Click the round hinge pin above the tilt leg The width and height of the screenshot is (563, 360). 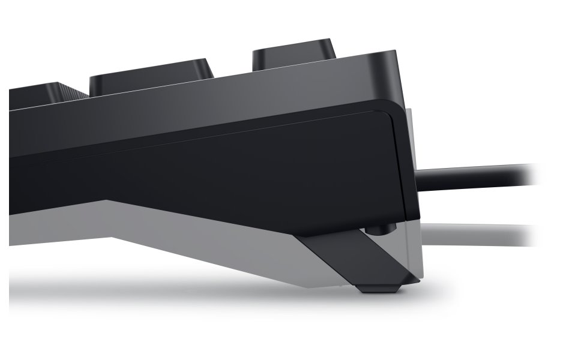[x=378, y=229]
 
